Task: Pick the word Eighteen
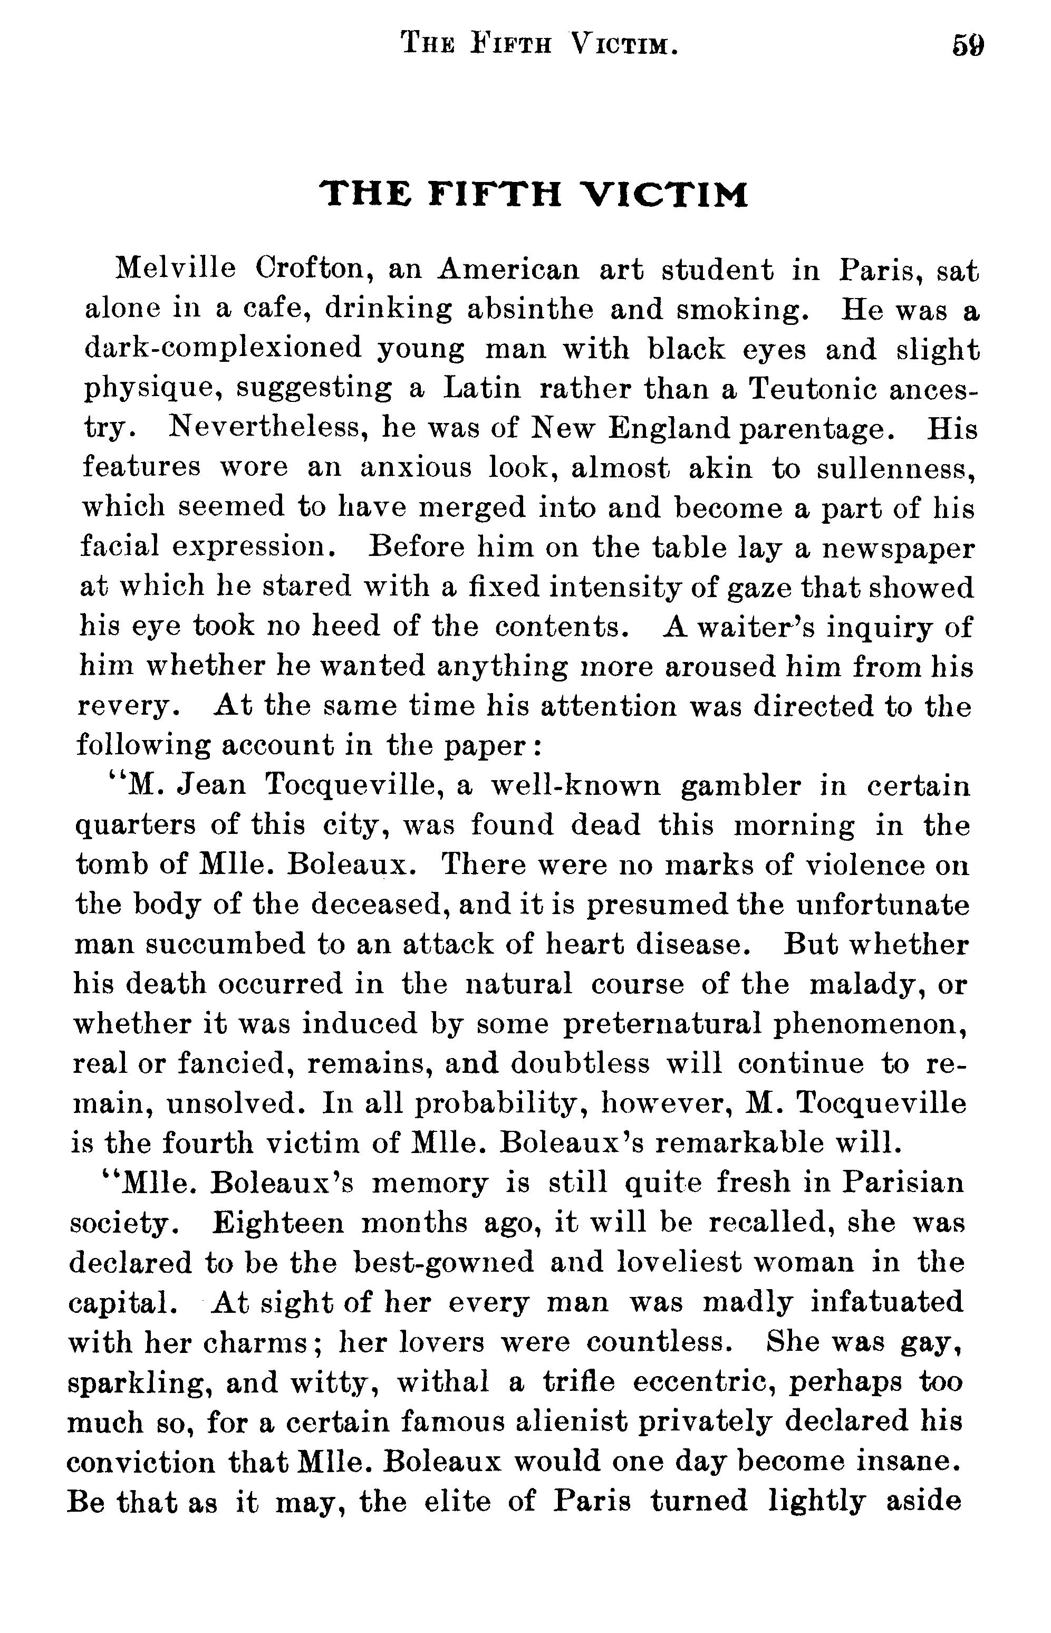pos(278,1223)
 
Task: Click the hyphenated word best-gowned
pos(444,1262)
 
